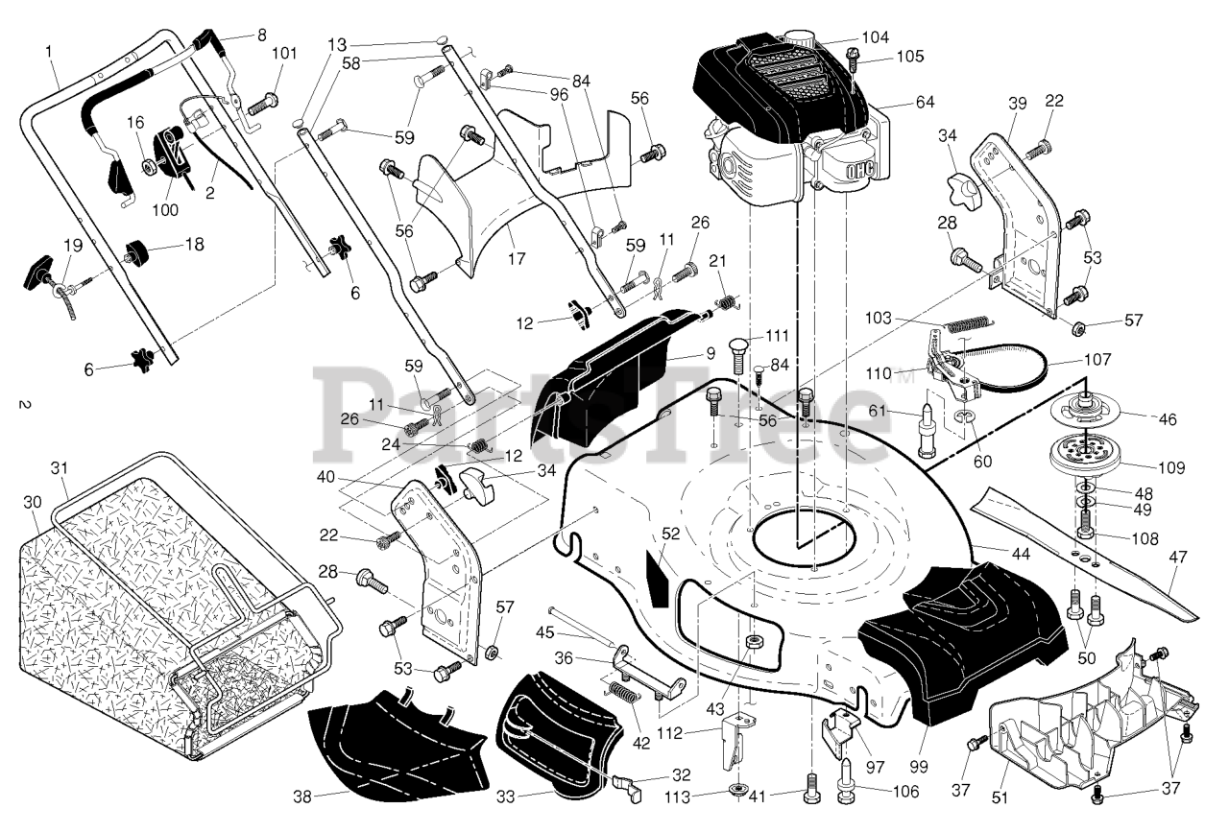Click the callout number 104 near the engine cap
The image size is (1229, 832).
pyautogui.click(x=875, y=37)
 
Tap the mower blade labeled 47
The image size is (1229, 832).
pyautogui.click(x=1085, y=554)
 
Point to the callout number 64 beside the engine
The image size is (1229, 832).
pyautogui.click(x=925, y=102)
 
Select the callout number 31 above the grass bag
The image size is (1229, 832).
pyautogui.click(x=60, y=468)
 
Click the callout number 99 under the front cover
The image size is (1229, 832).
pyautogui.click(x=919, y=766)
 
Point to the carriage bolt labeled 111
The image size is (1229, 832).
pyautogui.click(x=737, y=356)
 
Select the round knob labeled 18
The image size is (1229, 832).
pyautogui.click(x=137, y=251)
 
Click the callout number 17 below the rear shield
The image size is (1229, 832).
pyautogui.click(x=516, y=258)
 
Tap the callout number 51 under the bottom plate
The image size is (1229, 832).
pyautogui.click(x=1000, y=796)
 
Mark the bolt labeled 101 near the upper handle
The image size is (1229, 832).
pyautogui.click(x=263, y=105)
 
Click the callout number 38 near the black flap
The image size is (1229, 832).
pyautogui.click(x=302, y=796)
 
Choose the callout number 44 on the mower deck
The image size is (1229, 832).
pyautogui.click(x=1020, y=554)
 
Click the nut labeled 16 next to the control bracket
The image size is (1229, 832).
pyautogui.click(x=148, y=166)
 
